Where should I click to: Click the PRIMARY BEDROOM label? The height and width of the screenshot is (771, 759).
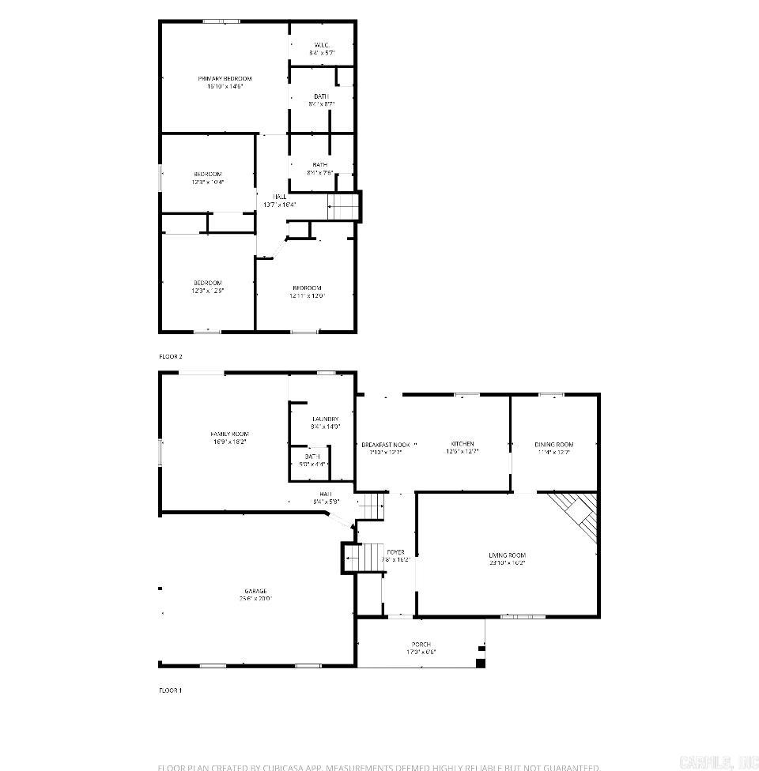pos(225,78)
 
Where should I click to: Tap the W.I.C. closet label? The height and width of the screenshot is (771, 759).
pos(321,44)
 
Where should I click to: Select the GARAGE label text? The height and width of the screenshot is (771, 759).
pos(255,591)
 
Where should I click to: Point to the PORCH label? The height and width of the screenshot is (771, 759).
pos(421,645)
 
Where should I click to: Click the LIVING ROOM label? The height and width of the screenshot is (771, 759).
pos(507,555)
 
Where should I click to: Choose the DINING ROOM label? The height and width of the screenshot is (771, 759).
pos(553,445)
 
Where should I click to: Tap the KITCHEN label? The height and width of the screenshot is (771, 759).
pos(463,444)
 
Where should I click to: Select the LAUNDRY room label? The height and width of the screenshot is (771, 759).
pos(325,419)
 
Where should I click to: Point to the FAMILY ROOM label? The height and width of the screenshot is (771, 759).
pos(229,434)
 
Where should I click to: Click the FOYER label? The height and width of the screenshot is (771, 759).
pos(395,551)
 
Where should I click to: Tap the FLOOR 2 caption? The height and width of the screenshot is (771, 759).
pos(171,356)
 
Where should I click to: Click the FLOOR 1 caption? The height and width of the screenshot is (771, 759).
pos(171,690)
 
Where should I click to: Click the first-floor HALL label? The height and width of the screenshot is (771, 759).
pos(326,494)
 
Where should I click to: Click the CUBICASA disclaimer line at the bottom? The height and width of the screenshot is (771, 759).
pos(379,766)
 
